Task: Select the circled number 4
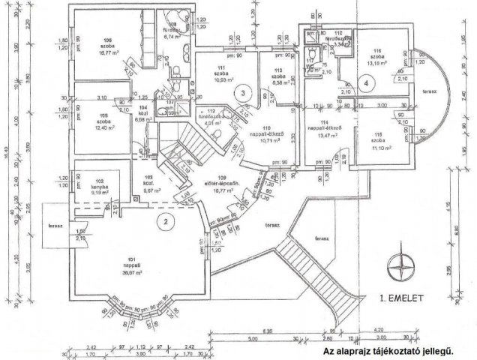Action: (364, 83)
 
